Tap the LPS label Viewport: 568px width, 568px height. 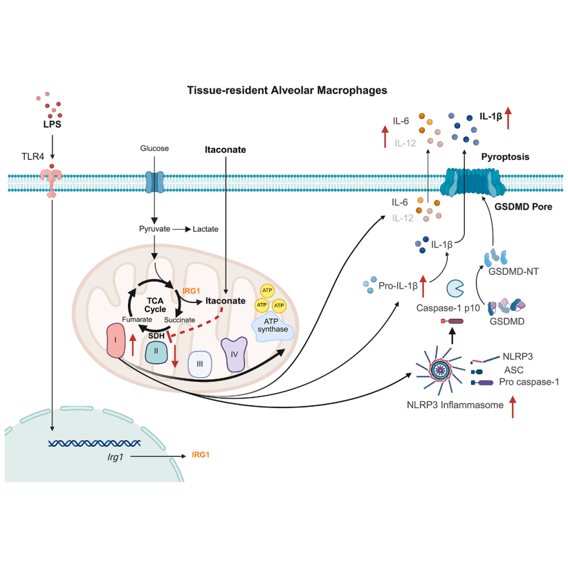coord(52,124)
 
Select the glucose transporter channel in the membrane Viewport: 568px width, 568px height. coord(155,182)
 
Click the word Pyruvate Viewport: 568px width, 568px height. coord(155,229)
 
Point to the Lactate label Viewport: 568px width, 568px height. coord(205,229)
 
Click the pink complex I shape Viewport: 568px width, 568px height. coord(116,341)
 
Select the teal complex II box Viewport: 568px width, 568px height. coord(156,352)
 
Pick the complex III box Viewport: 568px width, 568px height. coord(199,364)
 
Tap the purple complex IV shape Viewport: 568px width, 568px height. coord(234,354)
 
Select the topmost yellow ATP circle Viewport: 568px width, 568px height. coord(267,290)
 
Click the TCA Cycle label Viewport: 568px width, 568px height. coord(155,305)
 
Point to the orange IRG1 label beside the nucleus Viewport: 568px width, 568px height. coord(201,455)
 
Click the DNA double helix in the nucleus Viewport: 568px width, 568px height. coord(94,443)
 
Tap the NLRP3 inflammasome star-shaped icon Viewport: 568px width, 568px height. coord(440,370)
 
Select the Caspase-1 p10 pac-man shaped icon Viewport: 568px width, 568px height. coord(455,289)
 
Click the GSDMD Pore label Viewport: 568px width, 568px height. coord(523,207)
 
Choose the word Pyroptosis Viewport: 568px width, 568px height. coord(505,157)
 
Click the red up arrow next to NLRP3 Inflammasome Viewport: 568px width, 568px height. coord(513,407)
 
